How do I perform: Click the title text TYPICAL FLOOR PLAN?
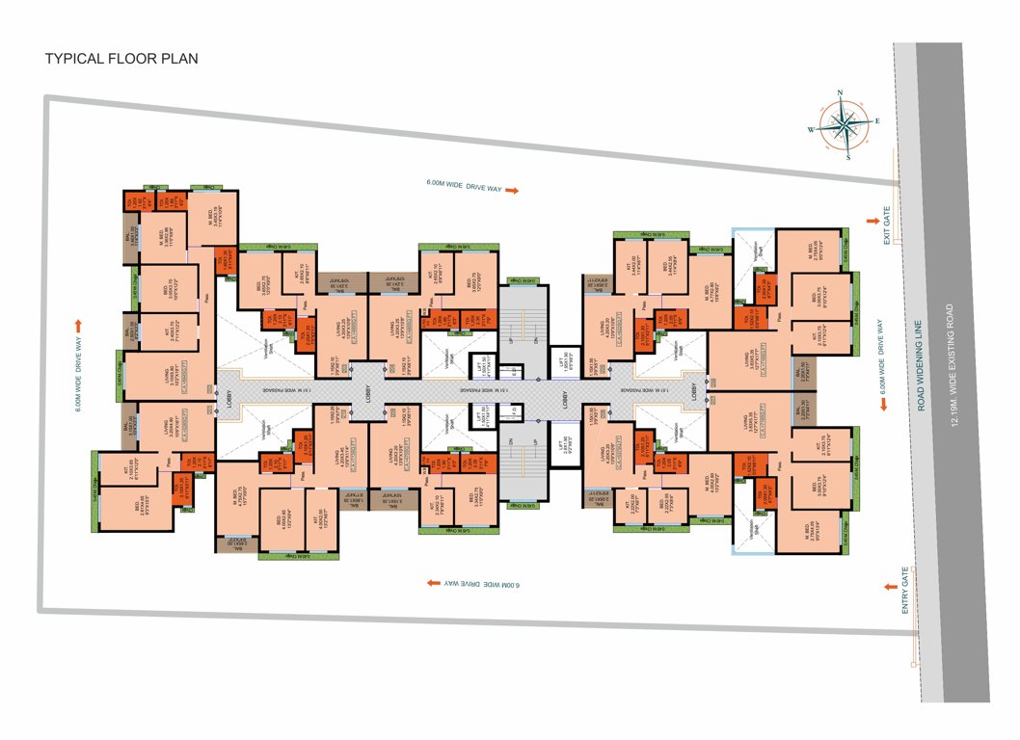pyautogui.click(x=121, y=59)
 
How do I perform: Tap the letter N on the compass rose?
pyautogui.click(x=841, y=94)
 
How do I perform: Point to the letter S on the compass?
pyautogui.click(x=847, y=157)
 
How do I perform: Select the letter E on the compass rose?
pyautogui.click(x=877, y=121)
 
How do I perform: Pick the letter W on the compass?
pyautogui.click(x=811, y=129)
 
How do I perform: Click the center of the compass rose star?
pyautogui.click(x=845, y=125)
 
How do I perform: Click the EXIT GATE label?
pyautogui.click(x=887, y=224)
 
